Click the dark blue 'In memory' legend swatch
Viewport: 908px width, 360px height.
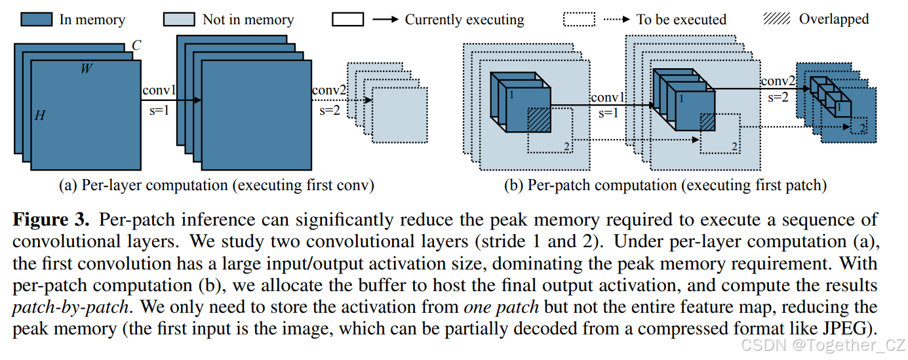click(x=36, y=19)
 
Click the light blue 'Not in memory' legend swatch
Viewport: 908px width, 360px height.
click(x=179, y=19)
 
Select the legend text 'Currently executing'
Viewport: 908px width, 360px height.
click(x=464, y=20)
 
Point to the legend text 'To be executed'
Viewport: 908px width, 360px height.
click(x=681, y=20)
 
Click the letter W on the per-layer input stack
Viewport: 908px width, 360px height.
click(x=86, y=68)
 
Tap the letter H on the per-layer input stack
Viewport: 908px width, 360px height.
click(x=40, y=116)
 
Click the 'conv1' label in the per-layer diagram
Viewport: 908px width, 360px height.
click(x=158, y=90)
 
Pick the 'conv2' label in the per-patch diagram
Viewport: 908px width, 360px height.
click(x=778, y=81)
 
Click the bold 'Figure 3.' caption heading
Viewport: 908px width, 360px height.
click(x=54, y=220)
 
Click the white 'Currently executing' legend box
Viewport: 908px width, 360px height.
click(x=348, y=19)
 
